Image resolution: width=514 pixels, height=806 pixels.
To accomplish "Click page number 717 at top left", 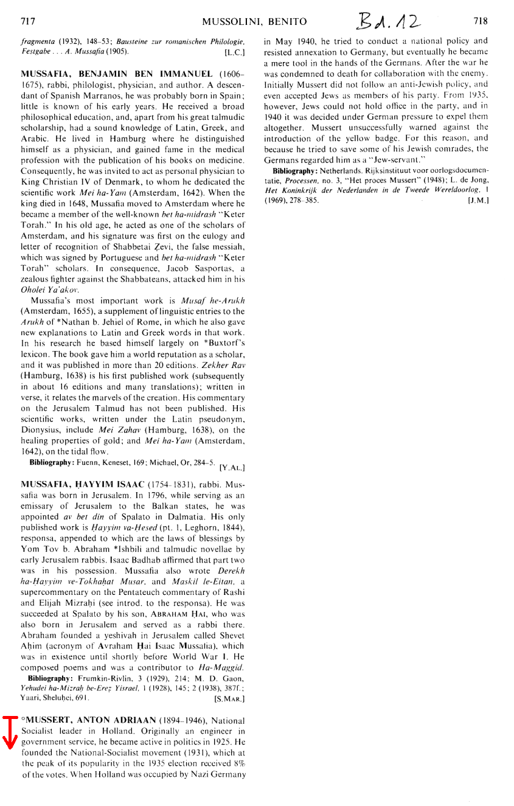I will tap(28, 21).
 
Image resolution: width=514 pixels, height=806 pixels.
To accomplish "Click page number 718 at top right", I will tap(481, 21).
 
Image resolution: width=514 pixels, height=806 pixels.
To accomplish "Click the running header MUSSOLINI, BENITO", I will tap(254, 22).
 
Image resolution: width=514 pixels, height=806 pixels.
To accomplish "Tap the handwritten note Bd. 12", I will tap(389, 23).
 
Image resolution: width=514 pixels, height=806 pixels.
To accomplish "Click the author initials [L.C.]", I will tap(234, 53).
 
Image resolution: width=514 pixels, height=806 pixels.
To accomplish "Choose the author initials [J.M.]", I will tap(478, 200).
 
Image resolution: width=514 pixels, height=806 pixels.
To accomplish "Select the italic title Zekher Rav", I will tap(227, 367).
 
